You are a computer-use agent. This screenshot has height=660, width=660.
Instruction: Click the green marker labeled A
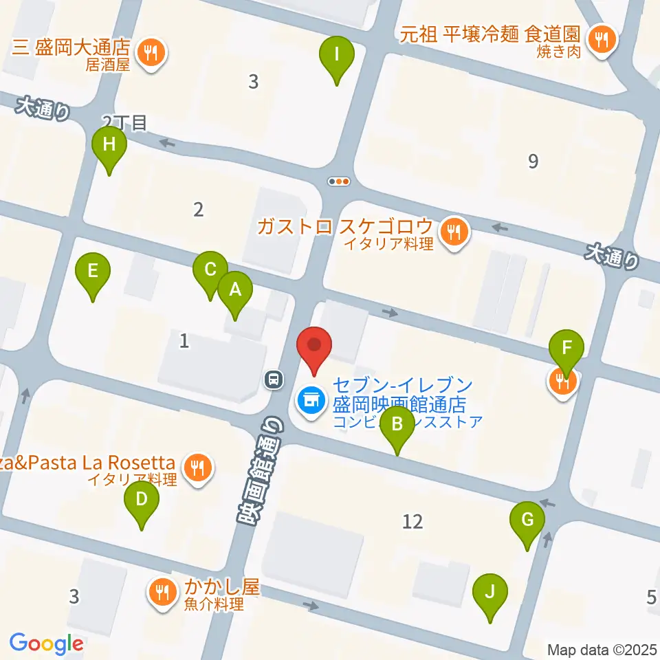(x=235, y=290)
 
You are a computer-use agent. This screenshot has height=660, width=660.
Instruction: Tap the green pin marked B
(x=397, y=424)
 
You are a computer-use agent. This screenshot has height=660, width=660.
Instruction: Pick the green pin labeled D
(x=142, y=499)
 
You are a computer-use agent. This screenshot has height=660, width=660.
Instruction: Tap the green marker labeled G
(x=527, y=520)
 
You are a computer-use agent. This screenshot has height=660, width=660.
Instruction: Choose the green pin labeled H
(x=109, y=145)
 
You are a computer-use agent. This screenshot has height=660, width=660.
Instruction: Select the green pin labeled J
(x=490, y=592)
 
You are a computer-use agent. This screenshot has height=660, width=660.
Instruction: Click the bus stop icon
(x=274, y=378)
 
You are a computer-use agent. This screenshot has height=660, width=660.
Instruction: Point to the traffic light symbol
(x=340, y=181)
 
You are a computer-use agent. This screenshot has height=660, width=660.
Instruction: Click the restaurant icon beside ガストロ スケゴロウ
(x=454, y=232)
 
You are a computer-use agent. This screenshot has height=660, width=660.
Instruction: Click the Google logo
(x=46, y=643)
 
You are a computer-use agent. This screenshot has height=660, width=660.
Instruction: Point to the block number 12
(x=412, y=522)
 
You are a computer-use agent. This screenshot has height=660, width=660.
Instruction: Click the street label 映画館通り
(x=256, y=474)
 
